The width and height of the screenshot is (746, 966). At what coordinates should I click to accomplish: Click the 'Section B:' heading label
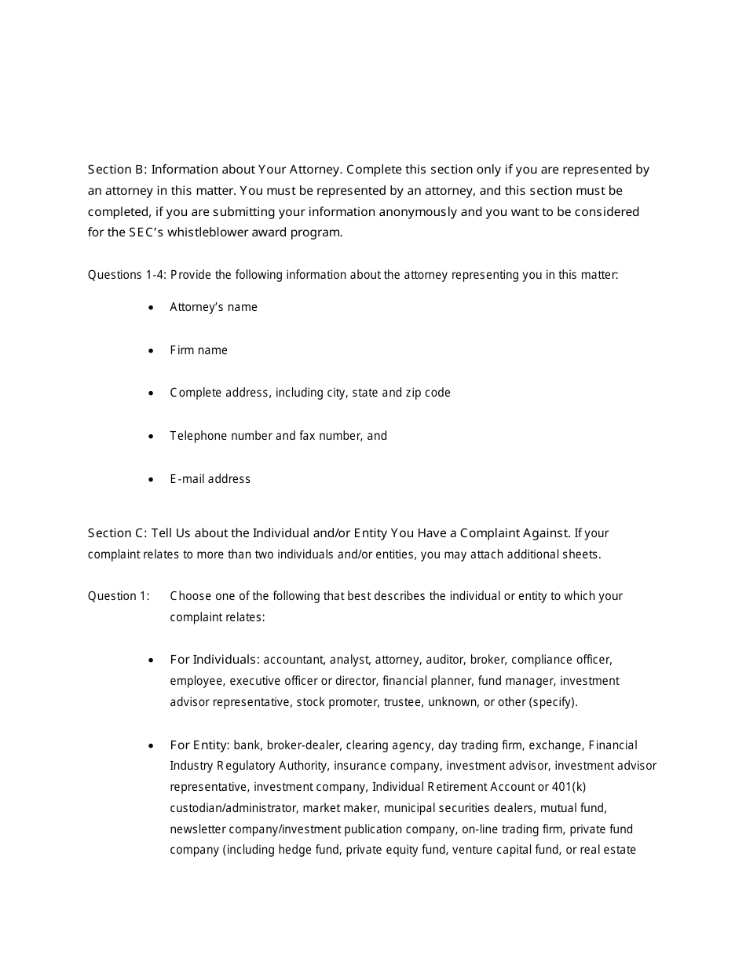117,170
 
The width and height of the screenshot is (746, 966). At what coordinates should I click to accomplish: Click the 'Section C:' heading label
117,533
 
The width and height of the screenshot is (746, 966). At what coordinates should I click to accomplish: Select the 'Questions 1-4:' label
126,275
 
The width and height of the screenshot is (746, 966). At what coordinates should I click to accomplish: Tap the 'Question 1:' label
119,596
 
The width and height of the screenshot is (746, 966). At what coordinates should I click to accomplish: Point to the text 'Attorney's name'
214,307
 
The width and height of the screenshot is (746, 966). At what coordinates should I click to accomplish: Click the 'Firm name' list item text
199,350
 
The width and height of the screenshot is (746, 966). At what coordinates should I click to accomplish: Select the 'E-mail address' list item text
210,479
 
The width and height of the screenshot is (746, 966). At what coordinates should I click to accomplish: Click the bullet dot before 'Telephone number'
152,437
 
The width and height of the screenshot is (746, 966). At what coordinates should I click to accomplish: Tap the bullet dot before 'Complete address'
152,393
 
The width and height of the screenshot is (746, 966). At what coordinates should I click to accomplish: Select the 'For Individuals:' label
215,660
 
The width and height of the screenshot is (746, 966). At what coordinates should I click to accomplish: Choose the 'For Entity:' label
200,745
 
